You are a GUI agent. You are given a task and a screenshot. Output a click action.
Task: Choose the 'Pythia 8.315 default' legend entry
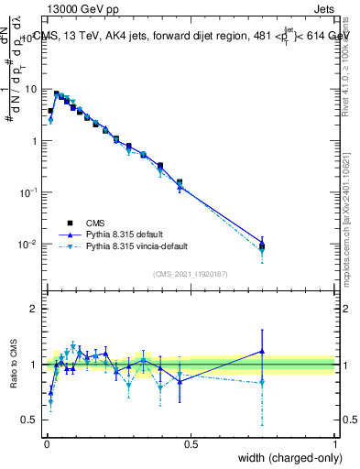124,234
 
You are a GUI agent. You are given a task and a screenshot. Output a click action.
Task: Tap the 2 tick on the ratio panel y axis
35,309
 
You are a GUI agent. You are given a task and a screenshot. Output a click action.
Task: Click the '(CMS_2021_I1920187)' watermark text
190,274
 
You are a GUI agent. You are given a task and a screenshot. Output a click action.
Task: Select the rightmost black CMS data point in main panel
262,245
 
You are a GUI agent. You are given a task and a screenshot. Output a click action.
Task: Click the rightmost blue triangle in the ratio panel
262,351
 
